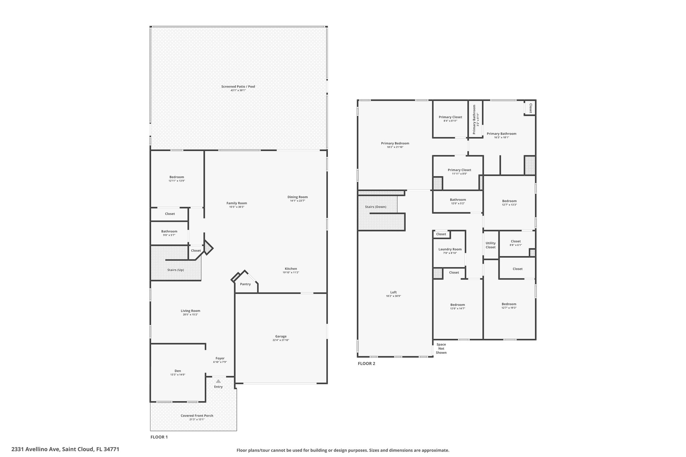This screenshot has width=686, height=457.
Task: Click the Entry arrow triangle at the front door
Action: click(x=218, y=381)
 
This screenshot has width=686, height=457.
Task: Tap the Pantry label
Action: click(x=246, y=284)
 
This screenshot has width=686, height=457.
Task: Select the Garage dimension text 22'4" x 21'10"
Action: click(x=281, y=340)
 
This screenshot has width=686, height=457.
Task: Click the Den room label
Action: click(x=178, y=371)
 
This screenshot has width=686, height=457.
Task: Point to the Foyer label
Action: click(x=220, y=358)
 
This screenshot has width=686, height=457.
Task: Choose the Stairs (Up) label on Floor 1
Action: click(x=176, y=270)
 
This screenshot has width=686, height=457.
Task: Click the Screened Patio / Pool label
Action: click(x=238, y=86)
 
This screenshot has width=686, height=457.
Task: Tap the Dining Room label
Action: click(x=297, y=197)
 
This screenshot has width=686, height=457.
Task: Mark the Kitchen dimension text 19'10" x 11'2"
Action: click(x=291, y=273)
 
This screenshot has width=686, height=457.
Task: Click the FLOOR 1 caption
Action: click(x=159, y=437)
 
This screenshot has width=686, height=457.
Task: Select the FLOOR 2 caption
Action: click(x=366, y=364)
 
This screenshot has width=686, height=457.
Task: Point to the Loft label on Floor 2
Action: click(x=393, y=292)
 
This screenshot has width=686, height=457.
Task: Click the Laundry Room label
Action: click(x=450, y=249)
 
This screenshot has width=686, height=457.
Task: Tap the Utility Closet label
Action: click(x=491, y=245)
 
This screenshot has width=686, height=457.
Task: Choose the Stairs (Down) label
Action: click(x=375, y=207)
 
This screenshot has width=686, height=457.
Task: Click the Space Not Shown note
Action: click(x=441, y=349)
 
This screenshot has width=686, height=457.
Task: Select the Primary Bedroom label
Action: click(x=395, y=143)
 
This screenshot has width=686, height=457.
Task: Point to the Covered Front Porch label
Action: click(x=197, y=416)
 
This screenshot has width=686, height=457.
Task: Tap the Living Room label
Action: click(x=190, y=311)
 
